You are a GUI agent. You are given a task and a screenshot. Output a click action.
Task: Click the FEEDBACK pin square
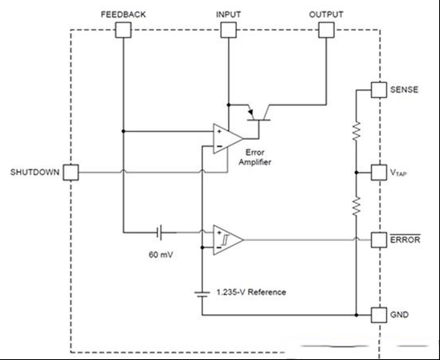tap(123, 30)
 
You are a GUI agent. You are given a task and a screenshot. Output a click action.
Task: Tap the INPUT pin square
tap(228, 30)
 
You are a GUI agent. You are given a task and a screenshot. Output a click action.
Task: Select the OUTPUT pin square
tap(326, 30)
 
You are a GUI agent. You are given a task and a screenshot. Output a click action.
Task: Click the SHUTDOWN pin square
tap(71, 173)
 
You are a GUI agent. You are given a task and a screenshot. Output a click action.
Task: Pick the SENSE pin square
tap(379, 90)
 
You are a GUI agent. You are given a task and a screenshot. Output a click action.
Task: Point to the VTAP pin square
tap(379, 173)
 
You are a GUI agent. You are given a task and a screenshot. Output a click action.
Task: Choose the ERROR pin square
tap(379, 239)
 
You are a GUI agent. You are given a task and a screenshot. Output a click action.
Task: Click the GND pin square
tap(379, 315)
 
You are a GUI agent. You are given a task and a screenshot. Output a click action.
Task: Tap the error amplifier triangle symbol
tap(227, 138)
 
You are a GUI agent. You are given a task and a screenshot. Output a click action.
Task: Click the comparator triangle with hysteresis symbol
tap(227, 239)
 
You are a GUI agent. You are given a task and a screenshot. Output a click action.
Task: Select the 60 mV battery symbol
tap(159, 232)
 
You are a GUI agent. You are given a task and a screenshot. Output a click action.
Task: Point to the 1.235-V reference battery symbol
tap(202, 294)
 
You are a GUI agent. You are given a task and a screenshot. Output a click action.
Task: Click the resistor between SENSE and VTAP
tap(356, 131)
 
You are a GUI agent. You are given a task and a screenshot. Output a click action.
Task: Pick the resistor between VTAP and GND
tap(356, 206)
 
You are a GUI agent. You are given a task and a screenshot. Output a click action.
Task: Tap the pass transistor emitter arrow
tap(251, 112)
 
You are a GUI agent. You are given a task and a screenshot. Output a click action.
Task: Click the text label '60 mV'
tap(161, 255)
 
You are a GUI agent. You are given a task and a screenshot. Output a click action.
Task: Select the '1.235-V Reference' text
tap(251, 292)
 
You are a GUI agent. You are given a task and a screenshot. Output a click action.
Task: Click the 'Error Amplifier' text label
tap(255, 157)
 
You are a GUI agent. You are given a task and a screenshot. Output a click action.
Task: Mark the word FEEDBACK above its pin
tap(123, 14)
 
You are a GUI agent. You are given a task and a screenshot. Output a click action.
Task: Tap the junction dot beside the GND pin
tap(356, 315)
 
